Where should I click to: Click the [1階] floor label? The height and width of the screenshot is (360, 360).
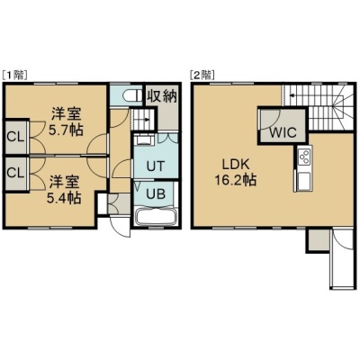click(x=15, y=75)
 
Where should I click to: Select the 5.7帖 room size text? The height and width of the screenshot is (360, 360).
click(x=67, y=130)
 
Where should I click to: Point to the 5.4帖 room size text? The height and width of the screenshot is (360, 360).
click(x=64, y=197)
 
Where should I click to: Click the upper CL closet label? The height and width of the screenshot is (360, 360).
click(x=15, y=137)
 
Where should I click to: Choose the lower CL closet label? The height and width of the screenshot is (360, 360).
click(x=15, y=173)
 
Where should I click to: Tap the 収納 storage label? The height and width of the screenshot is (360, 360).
click(x=162, y=96)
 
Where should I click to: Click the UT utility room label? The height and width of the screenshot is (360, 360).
click(x=156, y=166)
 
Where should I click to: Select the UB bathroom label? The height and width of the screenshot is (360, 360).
click(x=156, y=194)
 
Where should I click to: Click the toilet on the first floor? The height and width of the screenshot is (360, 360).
click(x=132, y=96)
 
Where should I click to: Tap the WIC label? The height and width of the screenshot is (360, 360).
click(x=283, y=132)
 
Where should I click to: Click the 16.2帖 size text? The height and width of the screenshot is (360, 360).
click(x=235, y=180)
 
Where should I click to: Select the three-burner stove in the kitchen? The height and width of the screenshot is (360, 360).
click(x=303, y=157)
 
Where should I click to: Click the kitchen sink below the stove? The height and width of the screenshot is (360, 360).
click(x=303, y=181)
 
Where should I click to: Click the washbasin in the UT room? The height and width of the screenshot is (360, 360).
click(x=144, y=139)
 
